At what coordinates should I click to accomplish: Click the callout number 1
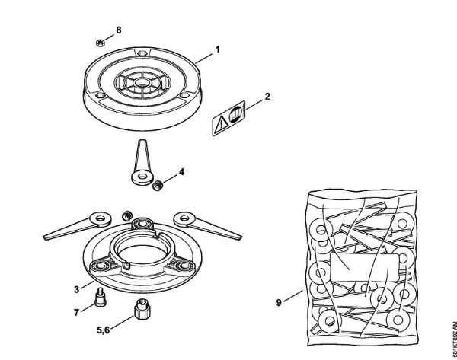pyautogui.click(x=218, y=49)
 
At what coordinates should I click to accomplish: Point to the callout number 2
pyautogui.click(x=267, y=97)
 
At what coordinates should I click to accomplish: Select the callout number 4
pyautogui.click(x=181, y=173)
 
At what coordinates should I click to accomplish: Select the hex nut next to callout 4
pyautogui.click(x=159, y=184)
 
